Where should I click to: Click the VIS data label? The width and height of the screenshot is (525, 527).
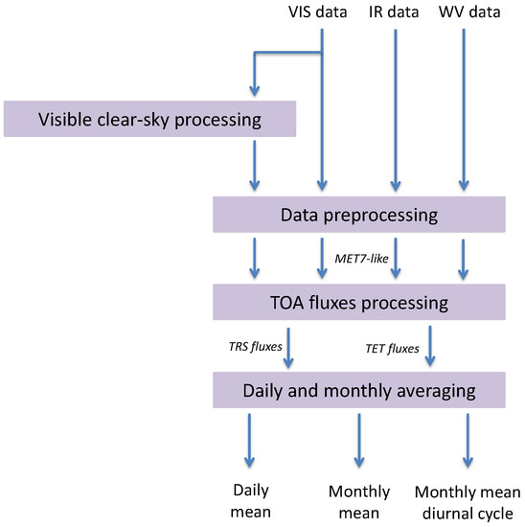pos(321,13)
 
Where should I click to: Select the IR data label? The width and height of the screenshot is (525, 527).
pos(395,13)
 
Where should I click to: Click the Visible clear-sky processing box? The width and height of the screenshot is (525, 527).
pos(148,120)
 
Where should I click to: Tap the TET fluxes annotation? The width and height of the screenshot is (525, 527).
pos(393,348)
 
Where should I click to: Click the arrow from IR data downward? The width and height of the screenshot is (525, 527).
pos(395,105)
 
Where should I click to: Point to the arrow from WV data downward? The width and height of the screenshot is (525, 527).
pos(466,105)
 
